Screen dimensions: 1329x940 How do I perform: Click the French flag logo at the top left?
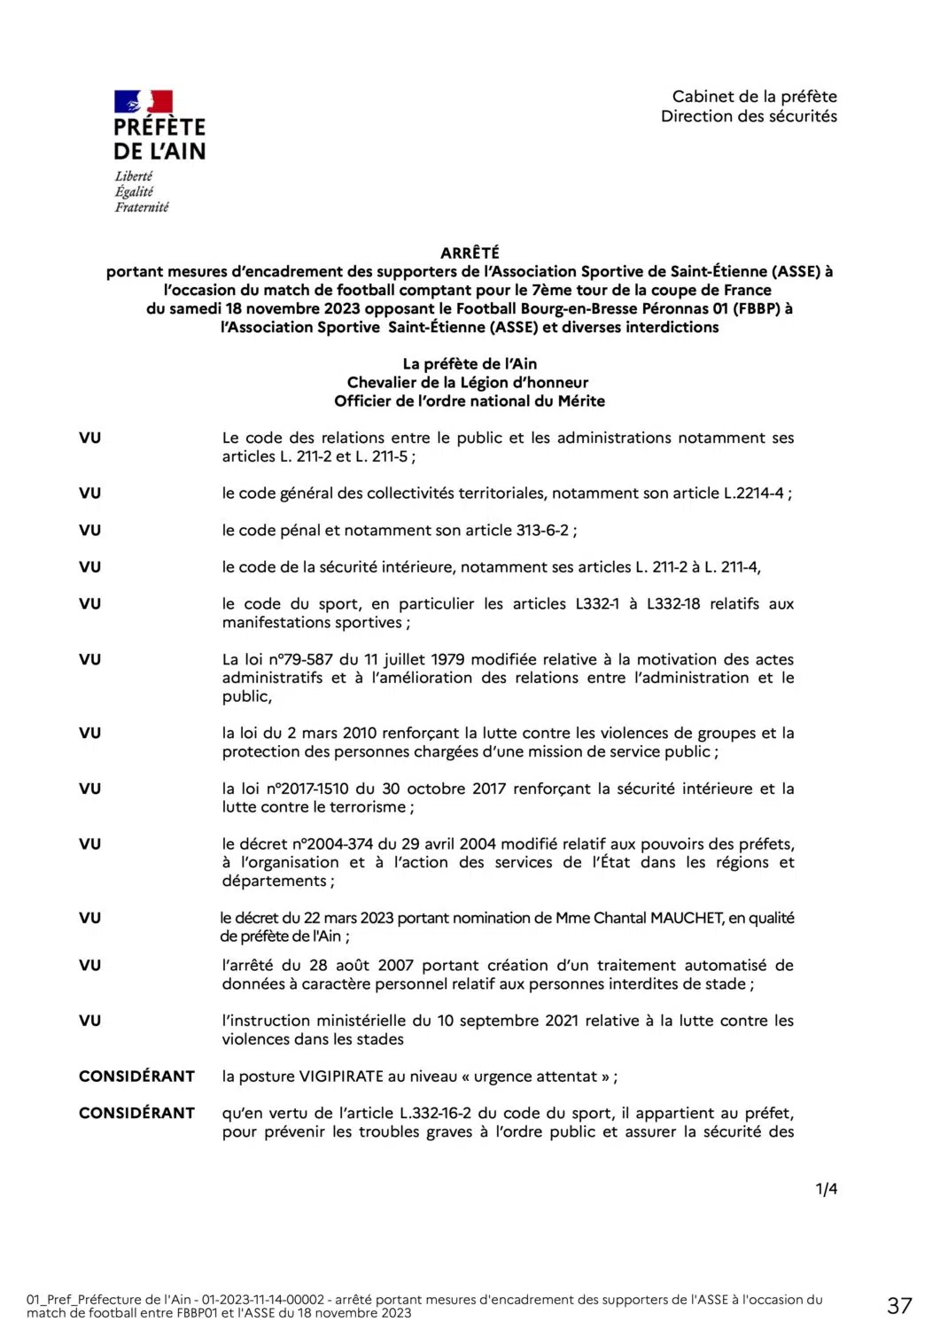[143, 102]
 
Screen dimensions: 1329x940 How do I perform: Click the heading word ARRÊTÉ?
[470, 253]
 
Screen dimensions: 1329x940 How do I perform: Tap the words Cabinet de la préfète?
[754, 97]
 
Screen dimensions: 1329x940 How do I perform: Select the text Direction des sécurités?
[749, 116]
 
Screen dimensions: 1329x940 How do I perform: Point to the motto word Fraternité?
[142, 207]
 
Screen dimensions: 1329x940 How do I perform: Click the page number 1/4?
[826, 1189]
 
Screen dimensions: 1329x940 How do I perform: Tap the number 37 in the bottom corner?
[899, 1305]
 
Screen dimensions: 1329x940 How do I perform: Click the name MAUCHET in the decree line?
[687, 918]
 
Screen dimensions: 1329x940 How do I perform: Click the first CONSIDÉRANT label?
[136, 1076]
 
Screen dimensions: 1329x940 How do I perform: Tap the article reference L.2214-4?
[754, 494]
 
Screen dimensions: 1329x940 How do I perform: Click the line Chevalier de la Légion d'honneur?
[468, 383]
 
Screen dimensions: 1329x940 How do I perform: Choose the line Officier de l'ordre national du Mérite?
[470, 401]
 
